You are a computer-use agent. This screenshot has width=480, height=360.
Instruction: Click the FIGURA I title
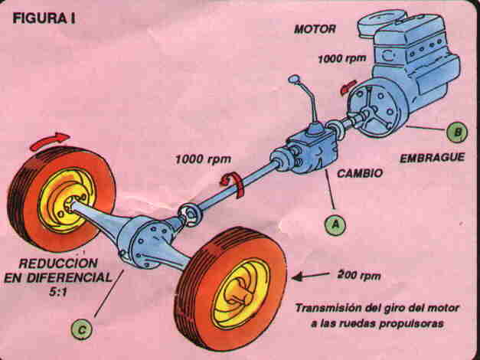pyautogui.click(x=42, y=18)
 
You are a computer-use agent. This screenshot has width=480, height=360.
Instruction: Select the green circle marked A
pyautogui.click(x=335, y=224)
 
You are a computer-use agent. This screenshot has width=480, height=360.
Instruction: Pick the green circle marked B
pyautogui.click(x=456, y=133)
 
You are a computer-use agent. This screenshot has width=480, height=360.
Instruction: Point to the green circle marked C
pyautogui.click(x=82, y=329)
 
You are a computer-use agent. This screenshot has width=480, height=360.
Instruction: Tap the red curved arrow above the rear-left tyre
pyautogui.click(x=49, y=139)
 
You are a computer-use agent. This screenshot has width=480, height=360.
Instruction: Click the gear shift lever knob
pyautogui.click(x=293, y=78)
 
